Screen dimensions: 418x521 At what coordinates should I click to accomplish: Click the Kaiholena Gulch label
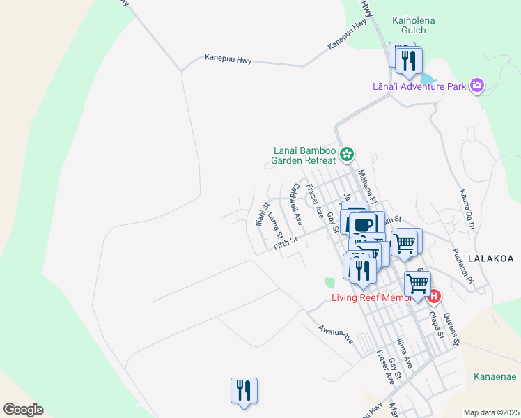point(414,26)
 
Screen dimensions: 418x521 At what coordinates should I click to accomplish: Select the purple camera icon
point(477,86)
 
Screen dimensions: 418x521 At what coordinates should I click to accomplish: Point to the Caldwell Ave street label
point(297,203)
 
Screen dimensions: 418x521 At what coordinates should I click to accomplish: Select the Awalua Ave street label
point(336,334)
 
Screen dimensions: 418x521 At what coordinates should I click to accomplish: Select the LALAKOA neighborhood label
point(490,258)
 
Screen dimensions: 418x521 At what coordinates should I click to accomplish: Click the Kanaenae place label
point(495,376)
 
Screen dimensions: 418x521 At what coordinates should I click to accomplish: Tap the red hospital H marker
point(433,296)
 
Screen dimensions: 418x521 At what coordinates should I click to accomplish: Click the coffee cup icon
point(363,225)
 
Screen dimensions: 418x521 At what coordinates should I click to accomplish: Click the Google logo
point(23,410)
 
